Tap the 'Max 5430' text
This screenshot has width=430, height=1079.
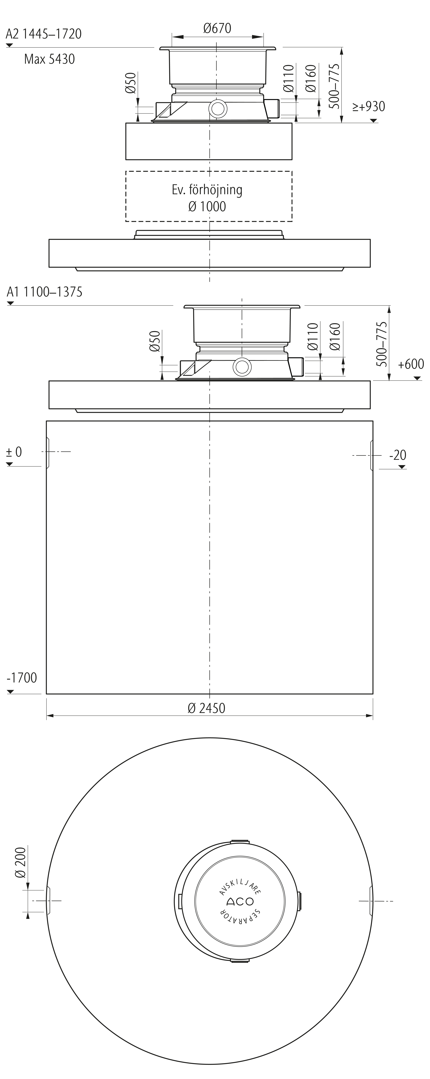(49, 59)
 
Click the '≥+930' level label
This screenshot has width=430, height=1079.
(368, 106)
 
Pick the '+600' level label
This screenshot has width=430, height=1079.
(411, 364)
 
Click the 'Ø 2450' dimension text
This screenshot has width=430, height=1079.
(207, 708)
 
